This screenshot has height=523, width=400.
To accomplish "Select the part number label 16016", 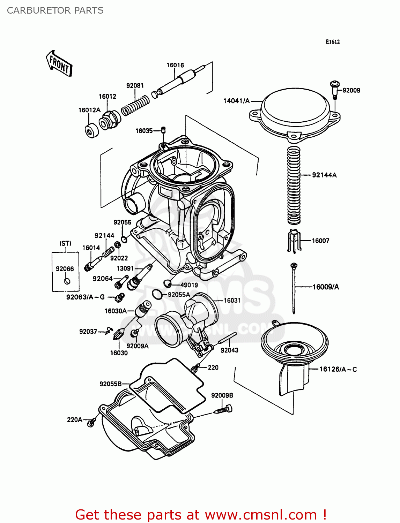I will (175, 65).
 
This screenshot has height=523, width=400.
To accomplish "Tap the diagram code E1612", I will (332, 42).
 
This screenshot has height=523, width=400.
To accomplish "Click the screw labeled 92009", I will (334, 89).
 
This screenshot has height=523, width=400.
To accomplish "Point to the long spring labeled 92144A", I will (294, 185).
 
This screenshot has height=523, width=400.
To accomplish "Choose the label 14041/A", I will (237, 101).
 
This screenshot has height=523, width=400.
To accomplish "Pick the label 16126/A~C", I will (338, 369).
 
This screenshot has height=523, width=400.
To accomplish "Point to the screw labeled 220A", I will (91, 423).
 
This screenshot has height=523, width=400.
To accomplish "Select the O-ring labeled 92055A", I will (157, 295).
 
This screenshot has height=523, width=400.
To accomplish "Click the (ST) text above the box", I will (65, 243).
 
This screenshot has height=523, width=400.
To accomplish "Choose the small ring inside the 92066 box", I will (67, 281).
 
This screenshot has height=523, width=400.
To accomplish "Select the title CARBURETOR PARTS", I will (55, 10).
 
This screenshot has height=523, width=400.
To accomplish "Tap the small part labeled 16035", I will (163, 130).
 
